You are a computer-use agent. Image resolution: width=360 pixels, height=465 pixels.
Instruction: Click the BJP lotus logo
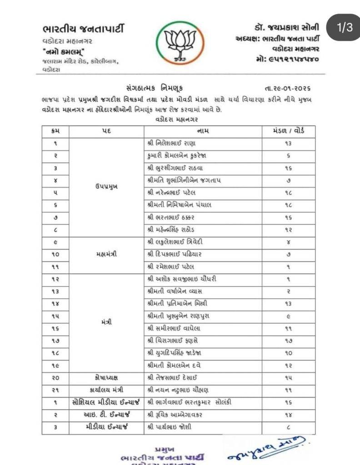(180, 42)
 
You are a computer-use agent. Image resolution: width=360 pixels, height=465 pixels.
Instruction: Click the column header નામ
(203, 131)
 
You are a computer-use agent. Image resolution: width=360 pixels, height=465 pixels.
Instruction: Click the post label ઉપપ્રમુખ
(107, 187)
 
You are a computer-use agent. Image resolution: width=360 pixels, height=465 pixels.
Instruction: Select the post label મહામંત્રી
(107, 254)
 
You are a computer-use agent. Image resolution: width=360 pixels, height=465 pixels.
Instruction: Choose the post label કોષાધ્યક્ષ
(107, 377)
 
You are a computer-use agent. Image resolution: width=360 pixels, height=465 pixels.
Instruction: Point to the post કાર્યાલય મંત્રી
(107, 390)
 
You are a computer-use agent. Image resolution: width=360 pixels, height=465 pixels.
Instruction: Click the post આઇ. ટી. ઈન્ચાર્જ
(107, 414)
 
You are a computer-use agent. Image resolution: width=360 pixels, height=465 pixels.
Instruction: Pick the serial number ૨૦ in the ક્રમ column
(55, 377)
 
